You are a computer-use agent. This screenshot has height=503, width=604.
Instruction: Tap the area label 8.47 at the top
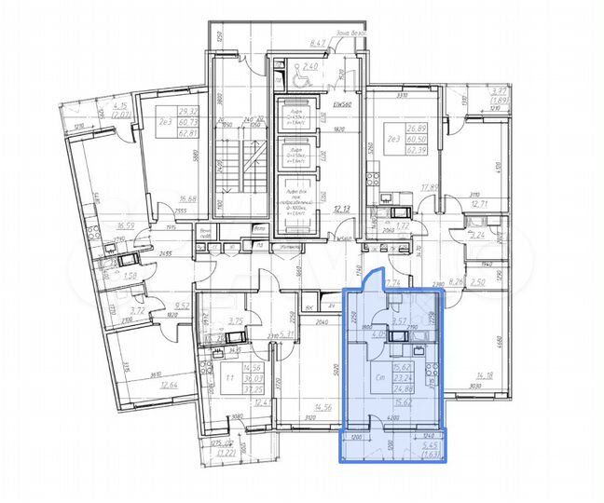319,43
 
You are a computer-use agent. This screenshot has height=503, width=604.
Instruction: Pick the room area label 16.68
188,197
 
